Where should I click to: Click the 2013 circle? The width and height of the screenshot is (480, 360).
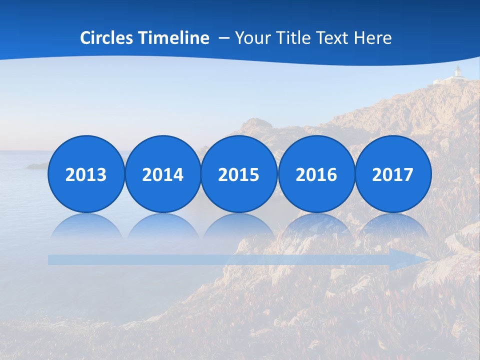(x=86, y=174)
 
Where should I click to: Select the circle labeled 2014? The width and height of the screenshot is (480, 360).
(x=163, y=174)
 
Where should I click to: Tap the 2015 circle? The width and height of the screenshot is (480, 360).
(x=239, y=174)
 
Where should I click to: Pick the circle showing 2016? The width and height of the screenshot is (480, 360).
(x=316, y=174)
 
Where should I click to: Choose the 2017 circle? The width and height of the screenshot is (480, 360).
(x=392, y=174)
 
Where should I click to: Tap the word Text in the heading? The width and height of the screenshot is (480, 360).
(x=336, y=38)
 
